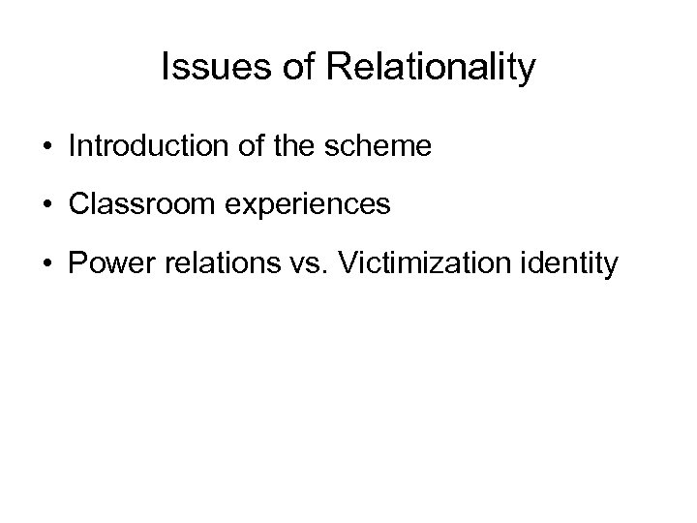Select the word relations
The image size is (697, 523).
point(204,262)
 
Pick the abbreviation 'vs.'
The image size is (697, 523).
point(283,262)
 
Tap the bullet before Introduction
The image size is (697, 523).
point(46,147)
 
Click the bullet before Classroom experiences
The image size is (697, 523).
point(46,205)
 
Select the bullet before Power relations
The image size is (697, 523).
point(46,263)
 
